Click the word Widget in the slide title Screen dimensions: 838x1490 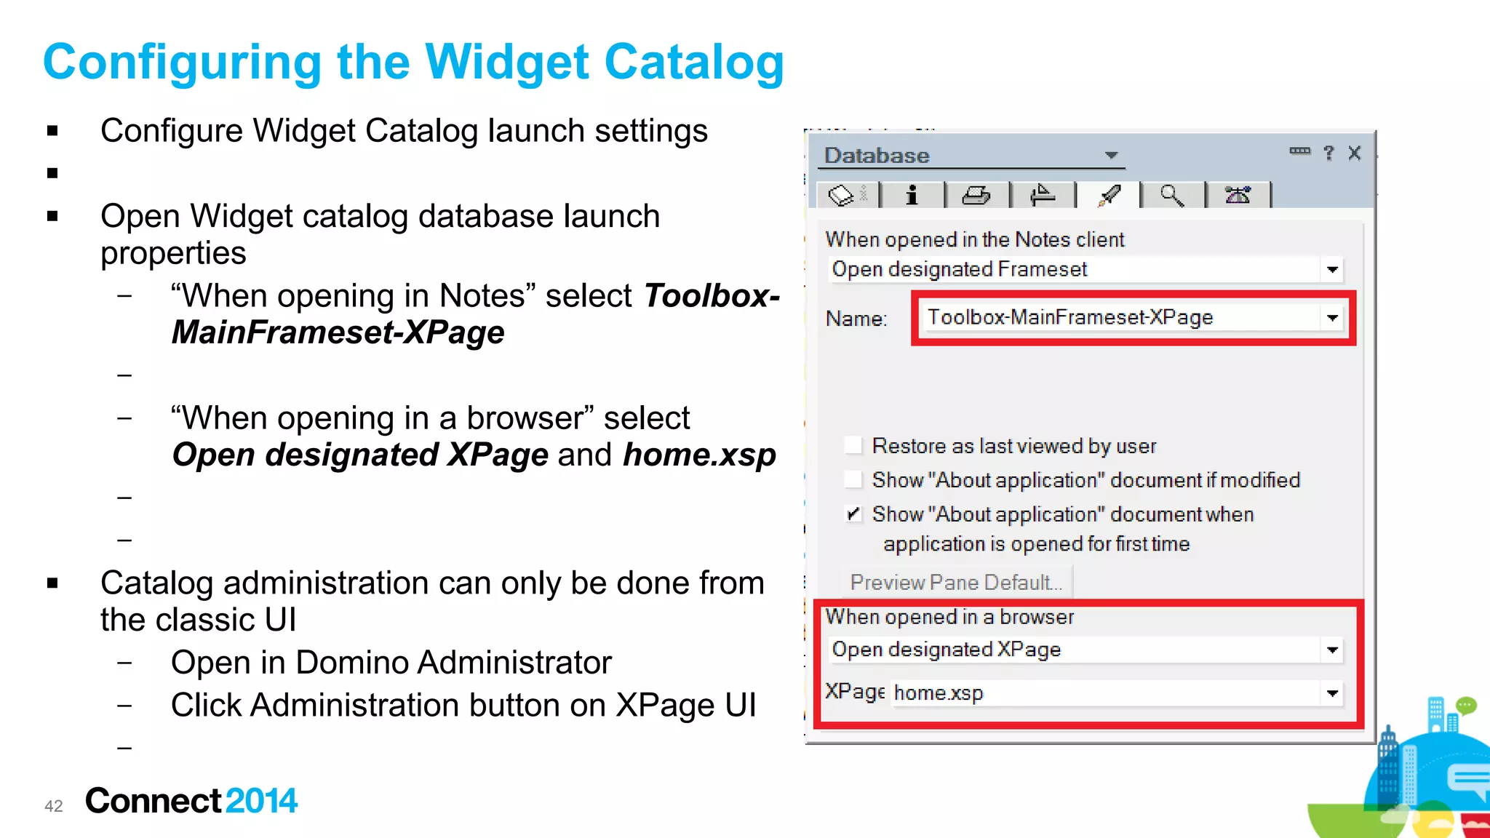click(x=506, y=63)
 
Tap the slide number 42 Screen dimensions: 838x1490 click(x=54, y=806)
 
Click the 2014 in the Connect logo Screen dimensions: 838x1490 click(x=261, y=801)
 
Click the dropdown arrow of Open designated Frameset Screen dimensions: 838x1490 click(x=1332, y=270)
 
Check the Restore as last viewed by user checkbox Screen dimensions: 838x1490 click(x=853, y=445)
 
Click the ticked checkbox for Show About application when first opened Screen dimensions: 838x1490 click(x=853, y=514)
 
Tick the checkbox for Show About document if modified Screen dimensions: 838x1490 click(x=853, y=480)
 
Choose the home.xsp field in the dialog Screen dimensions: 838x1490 click(x=1106, y=693)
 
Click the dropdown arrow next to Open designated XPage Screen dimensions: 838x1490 click(x=1332, y=650)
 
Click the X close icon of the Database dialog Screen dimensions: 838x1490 click(x=1354, y=153)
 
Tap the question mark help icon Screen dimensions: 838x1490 click(x=1328, y=153)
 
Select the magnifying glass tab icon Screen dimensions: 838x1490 click(x=1171, y=196)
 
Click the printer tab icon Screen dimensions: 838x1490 click(x=976, y=196)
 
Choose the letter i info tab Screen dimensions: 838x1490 click(x=911, y=196)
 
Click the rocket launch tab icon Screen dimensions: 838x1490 click(x=1109, y=196)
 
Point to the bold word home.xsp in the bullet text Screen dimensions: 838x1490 click(x=699, y=455)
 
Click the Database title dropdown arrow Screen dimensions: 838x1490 click(x=1111, y=155)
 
